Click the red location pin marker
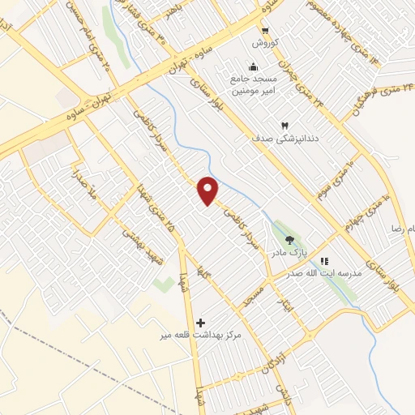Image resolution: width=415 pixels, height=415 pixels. (x=208, y=190)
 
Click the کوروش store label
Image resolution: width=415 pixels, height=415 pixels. (x=264, y=43)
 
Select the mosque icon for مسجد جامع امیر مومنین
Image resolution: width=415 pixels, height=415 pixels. (x=253, y=67)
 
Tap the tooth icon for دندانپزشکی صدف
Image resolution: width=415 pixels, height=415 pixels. (x=284, y=124)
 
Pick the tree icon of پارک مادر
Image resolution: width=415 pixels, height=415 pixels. (x=289, y=238)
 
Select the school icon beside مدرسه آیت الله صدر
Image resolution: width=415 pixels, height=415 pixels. (x=325, y=262)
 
